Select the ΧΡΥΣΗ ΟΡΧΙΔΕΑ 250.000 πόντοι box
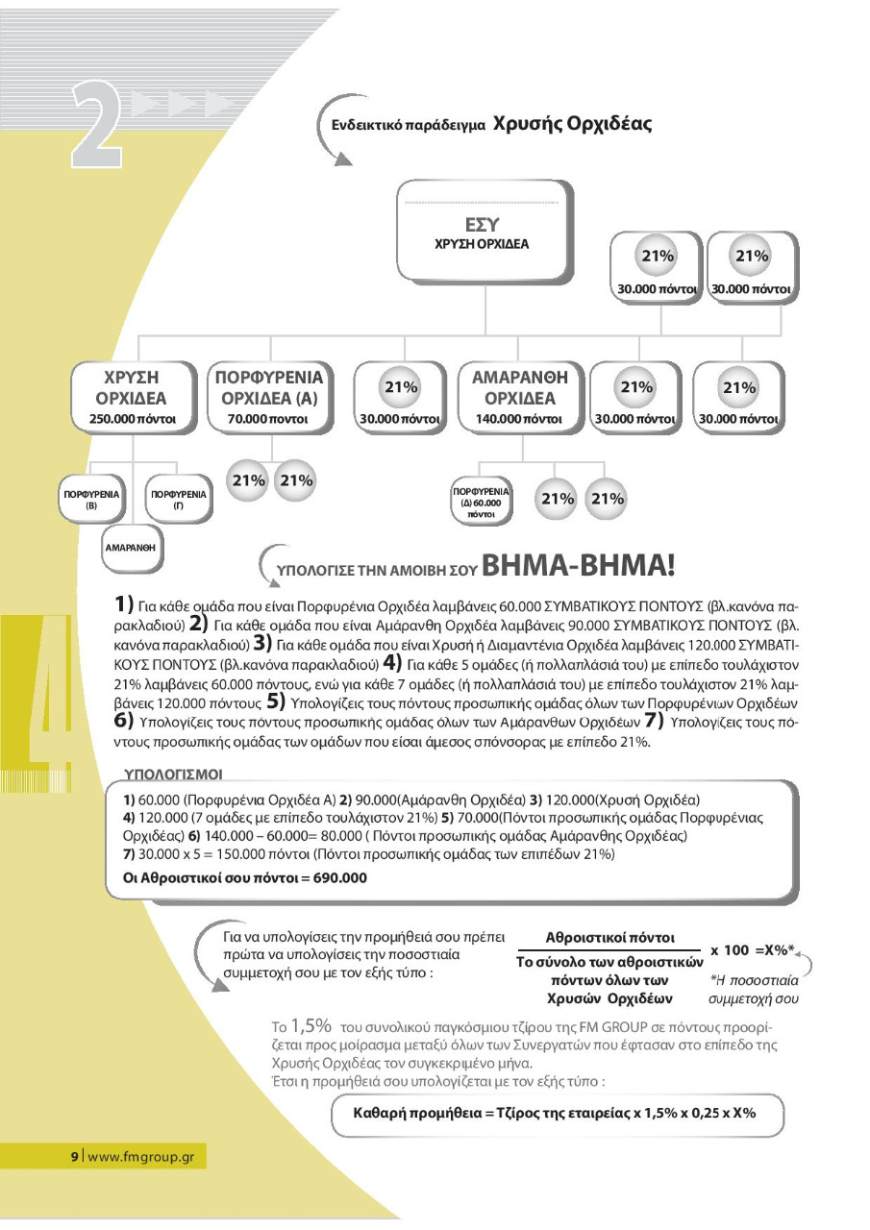point(133,395)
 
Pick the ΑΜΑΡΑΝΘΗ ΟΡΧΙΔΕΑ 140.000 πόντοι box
point(520,395)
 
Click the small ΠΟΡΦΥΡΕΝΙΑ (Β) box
point(91,499)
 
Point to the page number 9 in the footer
point(74,1156)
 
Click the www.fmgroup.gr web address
point(141,1156)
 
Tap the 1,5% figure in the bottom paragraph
point(311,1024)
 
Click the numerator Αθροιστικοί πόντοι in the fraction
point(609,937)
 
